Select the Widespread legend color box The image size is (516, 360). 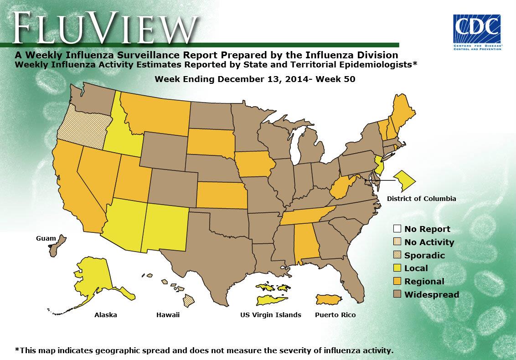point(397,294)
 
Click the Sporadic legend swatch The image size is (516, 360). point(397,255)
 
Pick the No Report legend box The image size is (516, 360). point(397,229)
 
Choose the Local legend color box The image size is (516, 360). point(397,268)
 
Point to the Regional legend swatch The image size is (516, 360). point(397,281)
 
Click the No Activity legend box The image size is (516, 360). point(397,242)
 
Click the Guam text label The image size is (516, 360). point(46,238)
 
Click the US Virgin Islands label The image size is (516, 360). point(271,315)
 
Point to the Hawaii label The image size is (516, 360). point(168,315)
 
